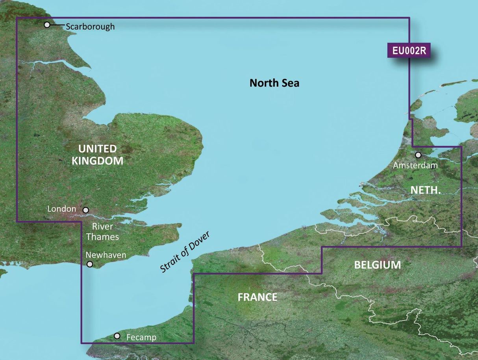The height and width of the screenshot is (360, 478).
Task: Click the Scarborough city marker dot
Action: pos(47,25)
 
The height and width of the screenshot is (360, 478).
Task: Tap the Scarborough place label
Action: pos(90,27)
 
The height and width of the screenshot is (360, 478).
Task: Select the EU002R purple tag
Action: pos(409,51)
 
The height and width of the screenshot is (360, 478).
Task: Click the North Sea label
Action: pos(274,83)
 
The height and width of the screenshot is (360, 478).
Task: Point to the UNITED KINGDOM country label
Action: pos(97,155)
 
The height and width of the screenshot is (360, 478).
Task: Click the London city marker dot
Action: pos(86,210)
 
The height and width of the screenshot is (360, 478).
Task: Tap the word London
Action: pos(61,209)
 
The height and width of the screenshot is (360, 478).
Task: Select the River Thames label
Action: pos(102,232)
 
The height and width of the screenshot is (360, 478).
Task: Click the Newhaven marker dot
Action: pos(90,264)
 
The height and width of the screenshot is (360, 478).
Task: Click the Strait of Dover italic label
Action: pos(185,252)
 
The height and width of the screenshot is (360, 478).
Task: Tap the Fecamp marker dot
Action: pos(117,336)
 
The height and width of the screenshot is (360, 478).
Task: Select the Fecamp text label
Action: pos(141,338)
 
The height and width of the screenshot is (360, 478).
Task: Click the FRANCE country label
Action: pos(258,297)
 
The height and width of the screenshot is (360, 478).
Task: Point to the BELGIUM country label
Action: pos(377,265)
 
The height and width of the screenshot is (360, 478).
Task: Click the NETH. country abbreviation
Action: pos(425,190)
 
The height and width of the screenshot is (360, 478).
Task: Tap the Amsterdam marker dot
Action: pos(418,155)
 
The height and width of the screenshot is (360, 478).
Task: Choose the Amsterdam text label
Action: pos(415,166)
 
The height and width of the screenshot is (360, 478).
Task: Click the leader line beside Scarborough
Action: pos(57,25)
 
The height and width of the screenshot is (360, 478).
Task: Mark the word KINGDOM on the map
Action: pos(97,161)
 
